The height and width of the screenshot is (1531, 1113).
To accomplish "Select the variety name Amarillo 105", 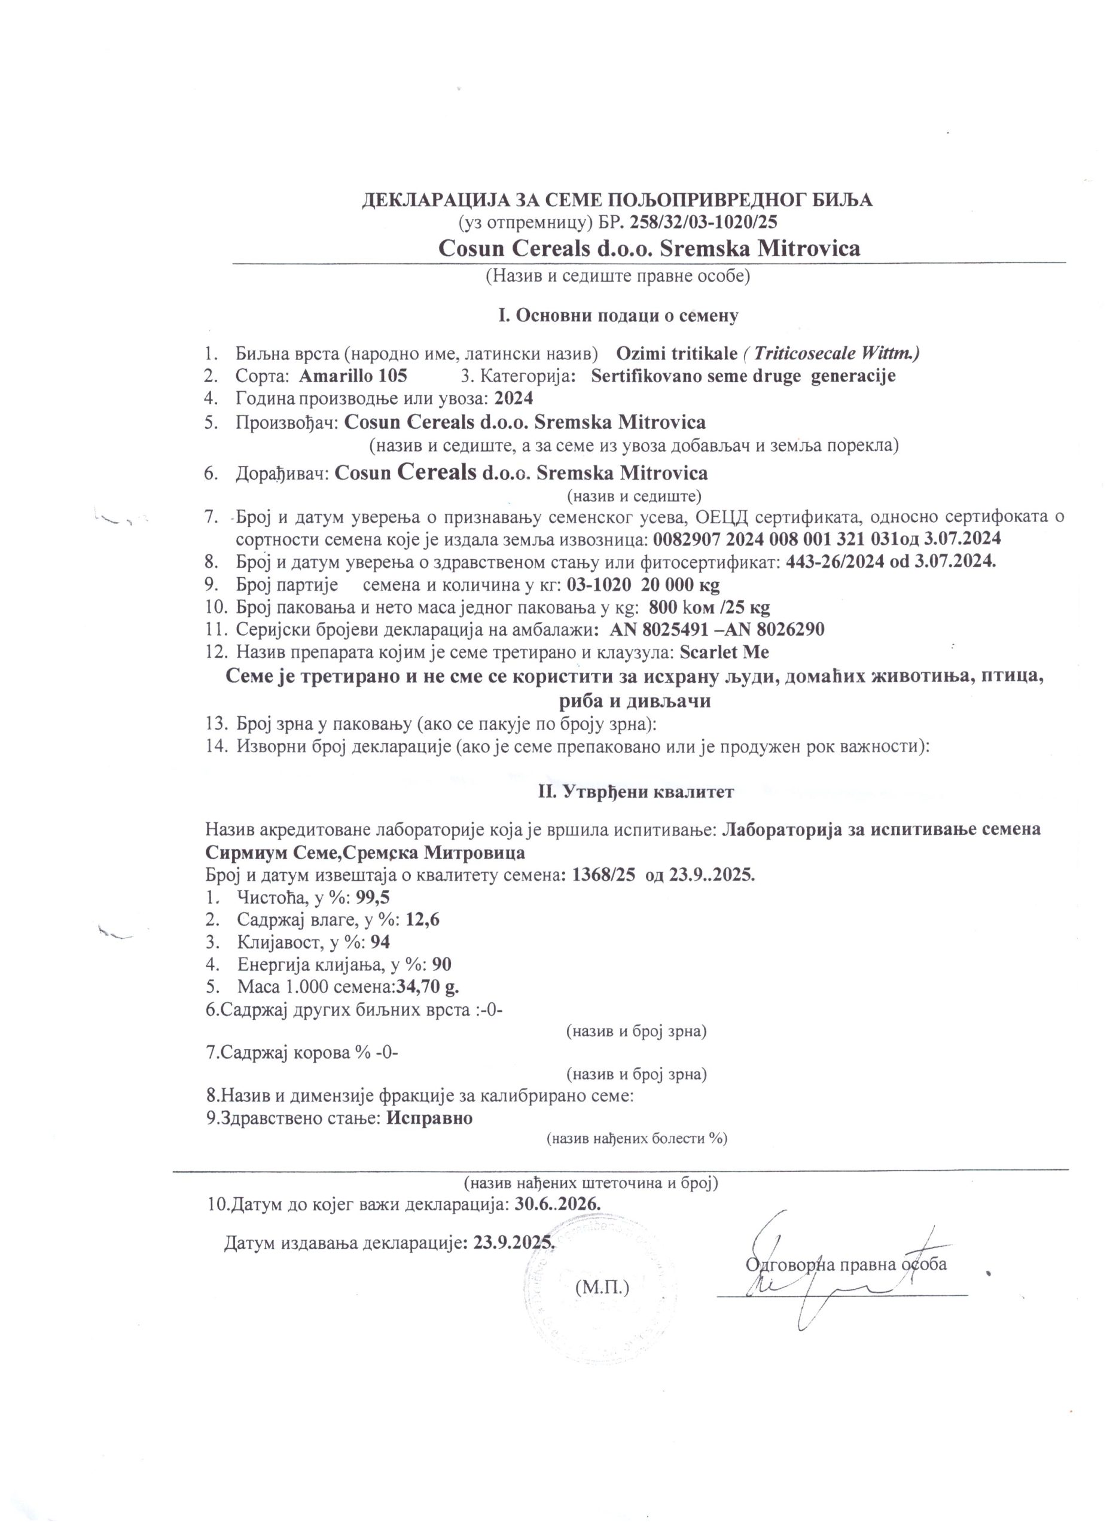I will point(352,376).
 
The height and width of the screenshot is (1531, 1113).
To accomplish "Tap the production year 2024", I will point(514,398).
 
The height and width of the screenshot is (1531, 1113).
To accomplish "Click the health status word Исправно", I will point(429,1118).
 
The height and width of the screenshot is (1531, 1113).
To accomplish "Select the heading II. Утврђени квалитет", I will point(635,792).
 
